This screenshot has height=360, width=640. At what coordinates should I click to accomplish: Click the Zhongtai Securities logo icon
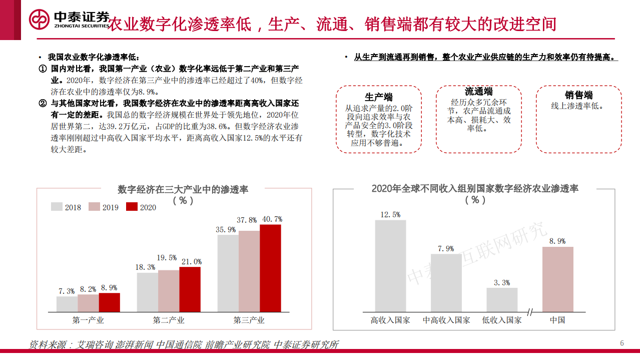click(40, 20)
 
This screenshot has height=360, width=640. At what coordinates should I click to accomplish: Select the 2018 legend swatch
click(57, 207)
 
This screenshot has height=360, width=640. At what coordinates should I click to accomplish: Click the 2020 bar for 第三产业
click(270, 268)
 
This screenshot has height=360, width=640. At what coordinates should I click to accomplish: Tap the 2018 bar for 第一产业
click(67, 304)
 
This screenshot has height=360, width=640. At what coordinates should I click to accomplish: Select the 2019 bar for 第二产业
click(169, 291)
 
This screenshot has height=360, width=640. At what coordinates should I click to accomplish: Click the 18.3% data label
click(146, 267)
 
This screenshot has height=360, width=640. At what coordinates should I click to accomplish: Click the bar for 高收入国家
click(390, 266)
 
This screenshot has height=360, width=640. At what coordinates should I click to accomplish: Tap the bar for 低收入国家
click(502, 299)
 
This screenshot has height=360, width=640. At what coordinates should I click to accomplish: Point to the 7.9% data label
click(446, 248)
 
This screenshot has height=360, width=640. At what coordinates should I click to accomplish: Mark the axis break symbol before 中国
click(530, 312)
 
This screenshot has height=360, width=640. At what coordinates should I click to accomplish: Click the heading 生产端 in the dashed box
click(378, 97)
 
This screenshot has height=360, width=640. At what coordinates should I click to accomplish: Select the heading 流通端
click(478, 91)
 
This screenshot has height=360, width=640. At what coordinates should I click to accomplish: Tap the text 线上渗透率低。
click(577, 106)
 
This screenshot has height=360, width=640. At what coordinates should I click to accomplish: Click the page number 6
click(622, 343)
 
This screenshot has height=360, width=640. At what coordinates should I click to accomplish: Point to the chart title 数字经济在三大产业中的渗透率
click(183, 189)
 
